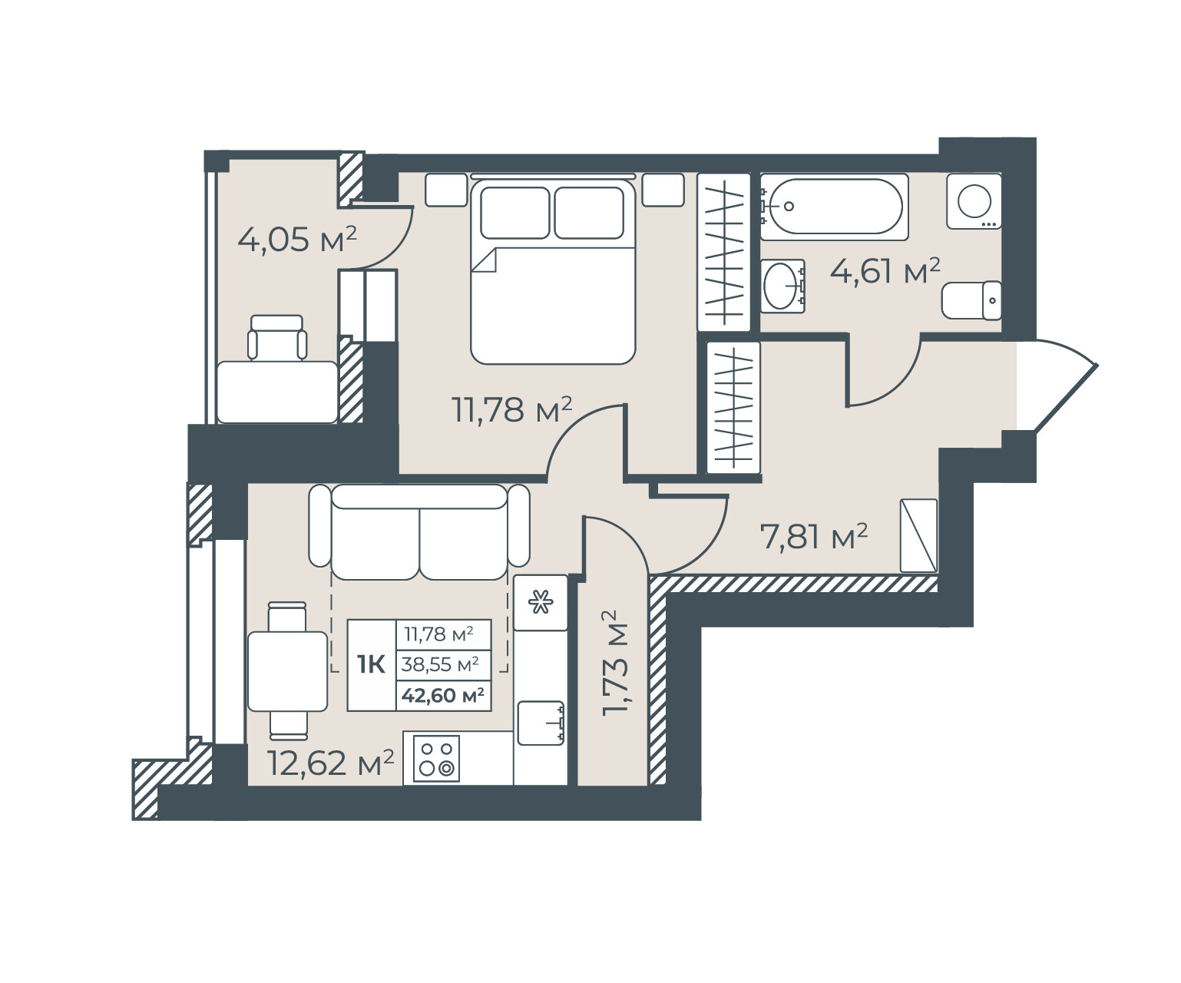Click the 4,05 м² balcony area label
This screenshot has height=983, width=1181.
(297, 240)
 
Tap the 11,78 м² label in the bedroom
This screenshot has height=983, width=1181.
(512, 409)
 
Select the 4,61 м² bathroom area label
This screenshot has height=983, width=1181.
(885, 271)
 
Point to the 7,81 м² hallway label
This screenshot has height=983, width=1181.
(813, 536)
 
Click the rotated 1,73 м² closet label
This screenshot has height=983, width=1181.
(615, 663)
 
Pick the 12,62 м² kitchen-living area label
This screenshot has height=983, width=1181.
(330, 763)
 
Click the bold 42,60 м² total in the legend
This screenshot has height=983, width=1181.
(443, 695)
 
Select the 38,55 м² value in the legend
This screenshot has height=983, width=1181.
(440, 664)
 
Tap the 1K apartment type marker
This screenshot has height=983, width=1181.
(371, 664)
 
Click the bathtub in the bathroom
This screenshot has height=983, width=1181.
(834, 207)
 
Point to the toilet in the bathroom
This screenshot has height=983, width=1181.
(971, 300)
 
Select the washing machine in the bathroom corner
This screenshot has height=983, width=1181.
(974, 201)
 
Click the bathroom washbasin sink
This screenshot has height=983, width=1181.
(782, 286)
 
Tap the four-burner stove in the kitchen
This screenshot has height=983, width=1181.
(436, 759)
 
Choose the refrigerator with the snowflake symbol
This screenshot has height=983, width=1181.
(541, 602)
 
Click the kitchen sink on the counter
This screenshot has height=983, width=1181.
(541, 723)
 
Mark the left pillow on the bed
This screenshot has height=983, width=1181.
(514, 213)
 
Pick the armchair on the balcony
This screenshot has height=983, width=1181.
(277, 338)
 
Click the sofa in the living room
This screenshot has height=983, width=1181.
(419, 531)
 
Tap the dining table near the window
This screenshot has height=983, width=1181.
(288, 671)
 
